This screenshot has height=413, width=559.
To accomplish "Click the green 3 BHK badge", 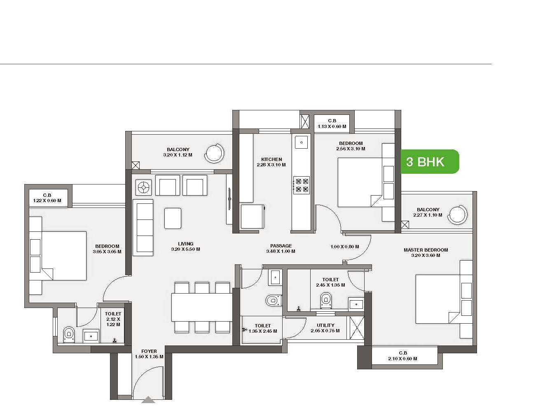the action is coord(430,161).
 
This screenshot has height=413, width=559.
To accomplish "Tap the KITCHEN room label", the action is coord(271,159).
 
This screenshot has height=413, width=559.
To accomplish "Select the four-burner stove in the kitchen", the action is coord(302,185).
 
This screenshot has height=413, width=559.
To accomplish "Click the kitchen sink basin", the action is coord(301,142).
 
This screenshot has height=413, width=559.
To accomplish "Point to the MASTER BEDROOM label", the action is coord(426,250).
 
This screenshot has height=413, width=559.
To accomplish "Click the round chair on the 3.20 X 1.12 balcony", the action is coord(214,153).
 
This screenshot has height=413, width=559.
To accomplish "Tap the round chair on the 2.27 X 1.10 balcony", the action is coord(457,215).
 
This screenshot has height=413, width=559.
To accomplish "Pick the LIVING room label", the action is coord(185,244).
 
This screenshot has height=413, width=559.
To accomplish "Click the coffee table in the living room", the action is coord(173,218).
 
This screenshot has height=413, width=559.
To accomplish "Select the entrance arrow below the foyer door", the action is coord(148,400).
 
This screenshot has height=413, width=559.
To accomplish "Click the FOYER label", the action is coord(149,351).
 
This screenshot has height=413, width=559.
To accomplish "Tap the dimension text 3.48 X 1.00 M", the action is coord(281,251).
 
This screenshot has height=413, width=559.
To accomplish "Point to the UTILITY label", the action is coord(325,325).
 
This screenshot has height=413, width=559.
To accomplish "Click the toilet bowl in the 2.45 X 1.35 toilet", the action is coord(326,300).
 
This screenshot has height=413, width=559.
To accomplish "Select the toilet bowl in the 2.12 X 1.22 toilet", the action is coord(68,334).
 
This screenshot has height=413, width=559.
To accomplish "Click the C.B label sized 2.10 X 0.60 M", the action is coord(403,353).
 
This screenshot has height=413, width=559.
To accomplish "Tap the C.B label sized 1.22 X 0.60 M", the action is coord(47,195).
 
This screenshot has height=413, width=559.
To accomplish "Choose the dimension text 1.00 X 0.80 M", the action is coord(344,246).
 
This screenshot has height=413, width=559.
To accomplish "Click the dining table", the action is coord(201,307).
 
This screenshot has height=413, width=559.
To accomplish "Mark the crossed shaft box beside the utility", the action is coord(356,328).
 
